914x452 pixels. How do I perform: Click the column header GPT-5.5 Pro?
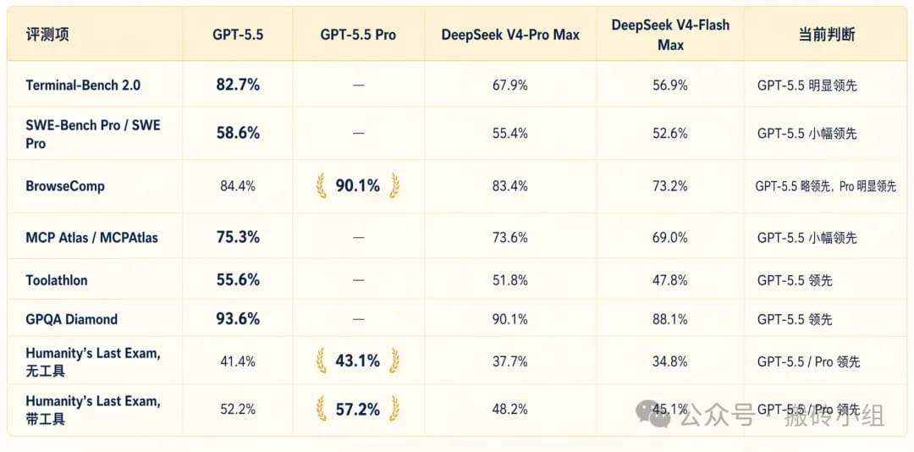(358, 35)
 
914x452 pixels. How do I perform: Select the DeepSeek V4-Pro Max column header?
(510, 35)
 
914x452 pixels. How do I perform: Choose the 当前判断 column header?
(826, 35)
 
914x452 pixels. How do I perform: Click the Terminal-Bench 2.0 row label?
(83, 85)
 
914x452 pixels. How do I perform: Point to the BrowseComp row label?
(65, 186)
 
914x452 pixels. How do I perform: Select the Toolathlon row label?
(57, 280)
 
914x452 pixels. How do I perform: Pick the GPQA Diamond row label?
(72, 319)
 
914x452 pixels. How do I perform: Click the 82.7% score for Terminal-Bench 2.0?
(238, 85)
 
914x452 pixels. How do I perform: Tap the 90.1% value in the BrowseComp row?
(358, 185)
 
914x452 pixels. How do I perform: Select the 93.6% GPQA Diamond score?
(238, 319)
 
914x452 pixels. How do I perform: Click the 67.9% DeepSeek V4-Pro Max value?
(510, 85)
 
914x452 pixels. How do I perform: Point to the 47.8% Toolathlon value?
(669, 280)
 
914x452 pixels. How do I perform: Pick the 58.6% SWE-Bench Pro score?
(238, 133)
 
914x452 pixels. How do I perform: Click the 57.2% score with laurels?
(358, 409)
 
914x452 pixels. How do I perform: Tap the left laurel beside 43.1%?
(322, 361)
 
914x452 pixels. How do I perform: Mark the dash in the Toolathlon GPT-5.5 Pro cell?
(358, 280)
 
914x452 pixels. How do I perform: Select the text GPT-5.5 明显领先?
(807, 85)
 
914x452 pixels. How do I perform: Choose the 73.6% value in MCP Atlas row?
(510, 238)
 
